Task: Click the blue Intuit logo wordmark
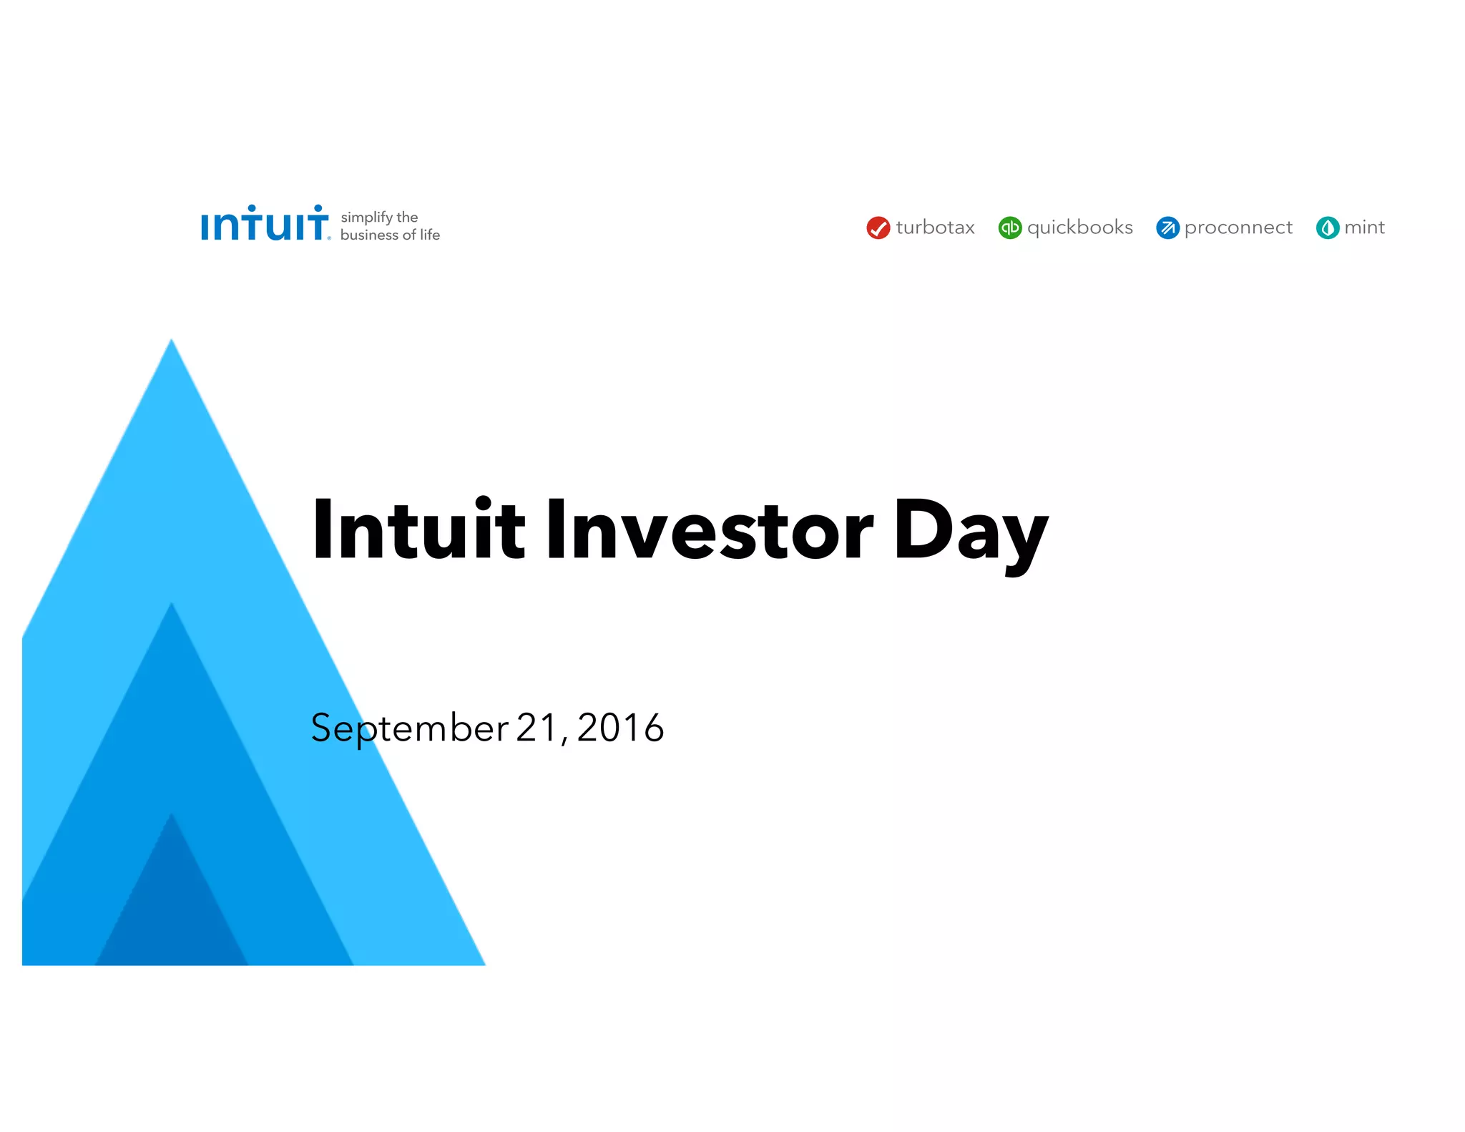[264, 224]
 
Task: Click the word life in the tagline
[429, 235]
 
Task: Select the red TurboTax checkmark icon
[878, 228]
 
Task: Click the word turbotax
[935, 228]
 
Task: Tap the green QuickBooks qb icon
[1009, 228]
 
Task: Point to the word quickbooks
[1079, 228]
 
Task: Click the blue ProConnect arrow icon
[1167, 228]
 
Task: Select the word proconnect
[1238, 228]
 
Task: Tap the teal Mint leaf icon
[1327, 228]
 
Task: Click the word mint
[1364, 228]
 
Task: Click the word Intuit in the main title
[418, 530]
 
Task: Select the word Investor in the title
[709, 530]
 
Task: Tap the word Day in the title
[970, 533]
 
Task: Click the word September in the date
[409, 728]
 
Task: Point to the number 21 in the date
[536, 728]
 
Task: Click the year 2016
[620, 728]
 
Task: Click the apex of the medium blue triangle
[172, 608]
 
